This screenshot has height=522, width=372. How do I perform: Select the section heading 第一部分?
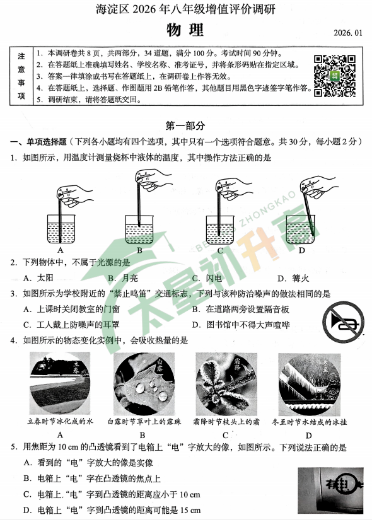pos(185,126)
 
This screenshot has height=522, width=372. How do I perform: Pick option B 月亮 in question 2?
pos(123,277)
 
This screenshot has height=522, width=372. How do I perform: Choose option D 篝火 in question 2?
pos(291,277)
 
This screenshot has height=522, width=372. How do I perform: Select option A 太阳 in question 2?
pos(37,277)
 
